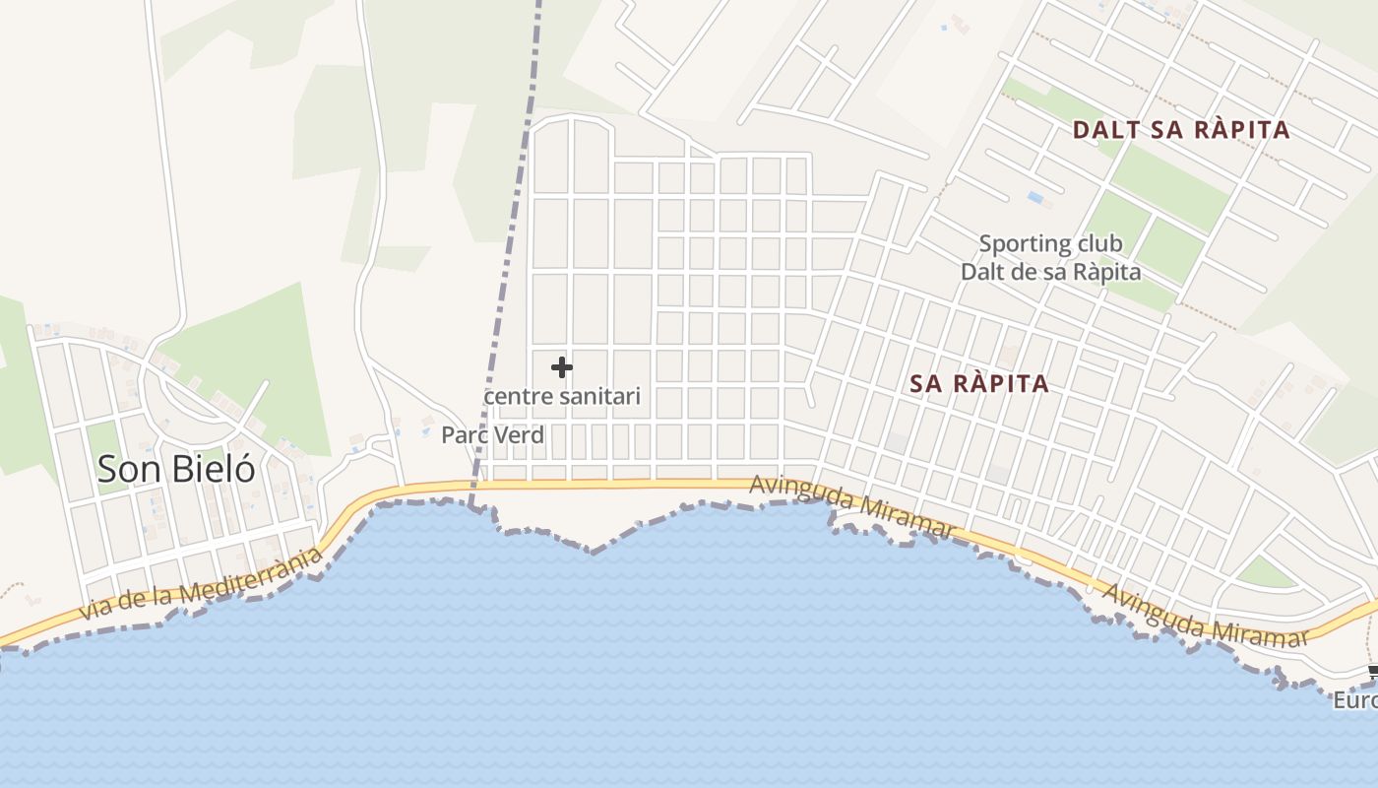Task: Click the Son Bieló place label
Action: pyautogui.click(x=176, y=469)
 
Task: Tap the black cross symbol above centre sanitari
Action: pyautogui.click(x=562, y=367)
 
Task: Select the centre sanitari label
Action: pyautogui.click(x=562, y=396)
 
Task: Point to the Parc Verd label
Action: pyautogui.click(x=492, y=434)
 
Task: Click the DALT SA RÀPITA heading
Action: pyautogui.click(x=1180, y=130)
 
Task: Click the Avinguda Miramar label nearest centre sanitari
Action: pyautogui.click(x=852, y=506)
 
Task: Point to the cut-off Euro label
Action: pyautogui.click(x=1355, y=700)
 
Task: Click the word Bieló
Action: pyautogui.click(x=214, y=469)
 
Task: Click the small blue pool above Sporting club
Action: pyautogui.click(x=1035, y=198)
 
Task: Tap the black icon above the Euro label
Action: pyautogui.click(x=1373, y=674)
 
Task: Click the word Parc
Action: pyautogui.click(x=462, y=434)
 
